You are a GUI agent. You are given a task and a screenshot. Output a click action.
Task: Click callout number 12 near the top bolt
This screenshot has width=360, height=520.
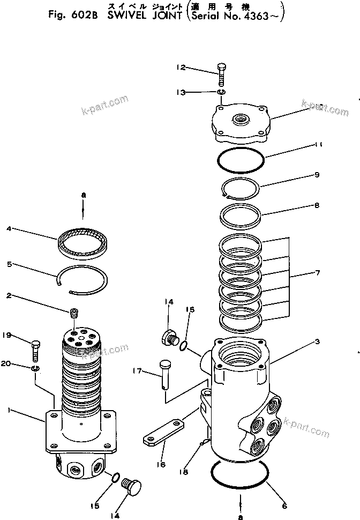pos(181,68)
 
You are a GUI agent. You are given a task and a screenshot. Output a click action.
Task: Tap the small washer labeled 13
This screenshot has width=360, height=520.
pos(221,94)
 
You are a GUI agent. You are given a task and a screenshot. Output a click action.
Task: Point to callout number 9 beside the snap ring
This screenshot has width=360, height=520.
pos(317,174)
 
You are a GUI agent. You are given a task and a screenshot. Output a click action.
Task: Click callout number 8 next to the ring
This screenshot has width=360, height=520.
pos(317,205)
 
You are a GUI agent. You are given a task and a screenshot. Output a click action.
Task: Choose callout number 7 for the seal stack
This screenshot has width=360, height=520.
pos(318,273)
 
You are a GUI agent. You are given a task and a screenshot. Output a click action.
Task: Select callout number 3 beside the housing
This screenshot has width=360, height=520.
pos(318,341)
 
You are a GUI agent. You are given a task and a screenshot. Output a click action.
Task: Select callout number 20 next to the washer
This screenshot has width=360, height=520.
pos(6,363)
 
